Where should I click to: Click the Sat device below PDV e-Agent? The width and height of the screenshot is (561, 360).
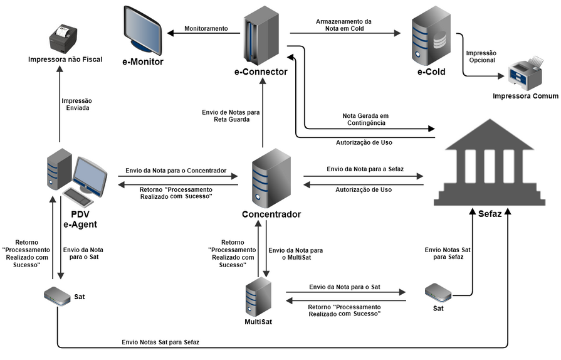pos(58,295)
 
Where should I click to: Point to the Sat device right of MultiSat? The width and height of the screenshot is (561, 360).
pos(438,293)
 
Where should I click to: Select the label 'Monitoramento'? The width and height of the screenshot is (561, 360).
pos(206,29)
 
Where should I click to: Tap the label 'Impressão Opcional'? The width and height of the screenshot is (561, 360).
pos(481,56)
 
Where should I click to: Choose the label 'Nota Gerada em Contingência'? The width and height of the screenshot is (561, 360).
pos(365,119)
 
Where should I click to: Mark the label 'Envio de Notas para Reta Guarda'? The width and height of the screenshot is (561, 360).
pos(230,116)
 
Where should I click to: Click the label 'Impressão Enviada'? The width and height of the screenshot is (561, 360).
pos(76,104)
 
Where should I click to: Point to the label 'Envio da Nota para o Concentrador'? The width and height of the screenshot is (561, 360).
pos(176,170)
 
